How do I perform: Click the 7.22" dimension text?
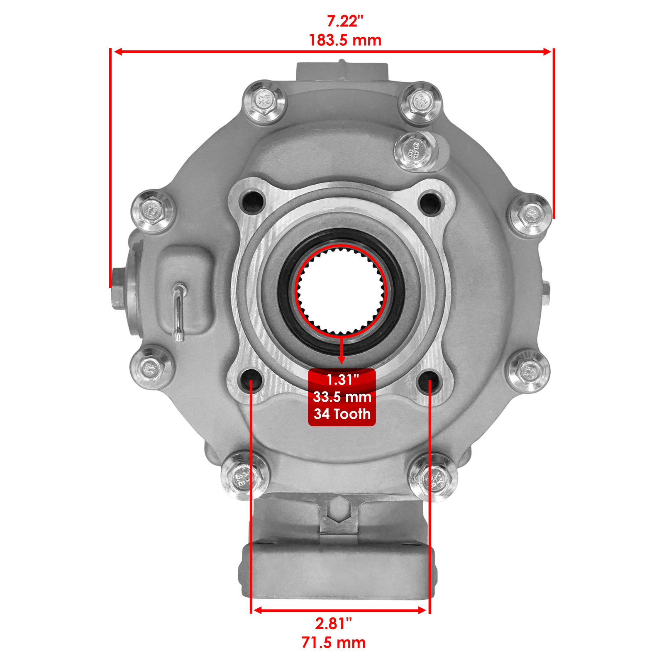click(345, 21)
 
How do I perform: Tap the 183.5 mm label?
click(345, 40)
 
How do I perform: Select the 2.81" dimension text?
click(333, 623)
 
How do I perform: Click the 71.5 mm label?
click(333, 642)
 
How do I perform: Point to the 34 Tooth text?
click(342, 414)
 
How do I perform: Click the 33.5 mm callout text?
click(342, 397)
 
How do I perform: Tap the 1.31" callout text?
click(342, 379)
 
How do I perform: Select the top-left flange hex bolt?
click(264, 102)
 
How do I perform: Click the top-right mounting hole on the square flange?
click(431, 203)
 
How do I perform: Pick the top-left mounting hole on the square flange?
click(253, 202)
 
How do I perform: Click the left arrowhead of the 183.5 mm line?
click(117, 51)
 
